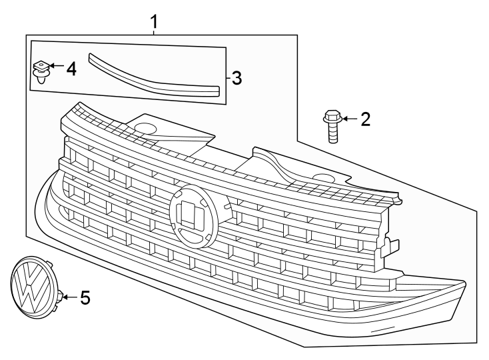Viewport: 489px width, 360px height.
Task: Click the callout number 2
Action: click(x=365, y=119)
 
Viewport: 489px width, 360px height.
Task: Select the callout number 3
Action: click(x=236, y=79)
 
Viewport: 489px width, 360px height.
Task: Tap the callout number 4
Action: click(x=71, y=68)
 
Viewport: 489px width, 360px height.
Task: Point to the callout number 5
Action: click(x=84, y=297)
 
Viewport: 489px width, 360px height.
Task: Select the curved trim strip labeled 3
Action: click(x=153, y=77)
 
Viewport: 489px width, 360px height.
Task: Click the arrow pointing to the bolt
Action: click(x=349, y=119)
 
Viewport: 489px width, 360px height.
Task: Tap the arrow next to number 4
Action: click(x=55, y=67)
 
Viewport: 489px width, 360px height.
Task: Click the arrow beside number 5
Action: click(x=69, y=296)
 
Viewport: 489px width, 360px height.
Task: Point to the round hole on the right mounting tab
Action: click(x=324, y=178)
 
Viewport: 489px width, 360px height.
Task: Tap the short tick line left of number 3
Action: click(x=227, y=79)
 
